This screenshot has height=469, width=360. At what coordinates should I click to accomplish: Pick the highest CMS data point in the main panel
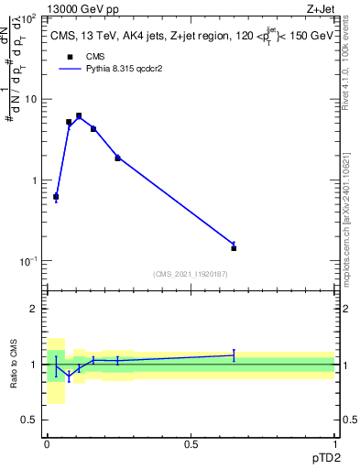click(79, 116)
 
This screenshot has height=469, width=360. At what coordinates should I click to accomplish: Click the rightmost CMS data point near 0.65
click(234, 248)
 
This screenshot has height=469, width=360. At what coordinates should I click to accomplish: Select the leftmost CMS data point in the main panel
click(56, 197)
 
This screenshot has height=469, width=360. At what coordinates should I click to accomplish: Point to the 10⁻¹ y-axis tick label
click(27, 262)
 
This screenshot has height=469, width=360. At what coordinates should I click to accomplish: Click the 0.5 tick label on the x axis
click(191, 442)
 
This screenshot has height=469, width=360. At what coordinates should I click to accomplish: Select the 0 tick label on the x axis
click(47, 442)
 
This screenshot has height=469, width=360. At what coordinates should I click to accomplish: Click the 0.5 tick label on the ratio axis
click(29, 420)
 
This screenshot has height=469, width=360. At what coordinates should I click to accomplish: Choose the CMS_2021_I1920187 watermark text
click(190, 273)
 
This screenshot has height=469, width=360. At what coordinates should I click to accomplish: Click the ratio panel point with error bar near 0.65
click(234, 354)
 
